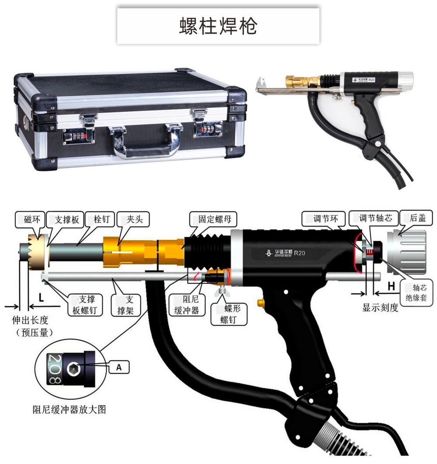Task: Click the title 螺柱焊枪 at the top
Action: point(218,26)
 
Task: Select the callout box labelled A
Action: point(118,368)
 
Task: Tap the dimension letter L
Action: point(41,298)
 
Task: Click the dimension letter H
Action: point(392,286)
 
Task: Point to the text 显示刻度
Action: point(380,308)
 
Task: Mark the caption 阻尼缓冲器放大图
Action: point(69,409)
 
